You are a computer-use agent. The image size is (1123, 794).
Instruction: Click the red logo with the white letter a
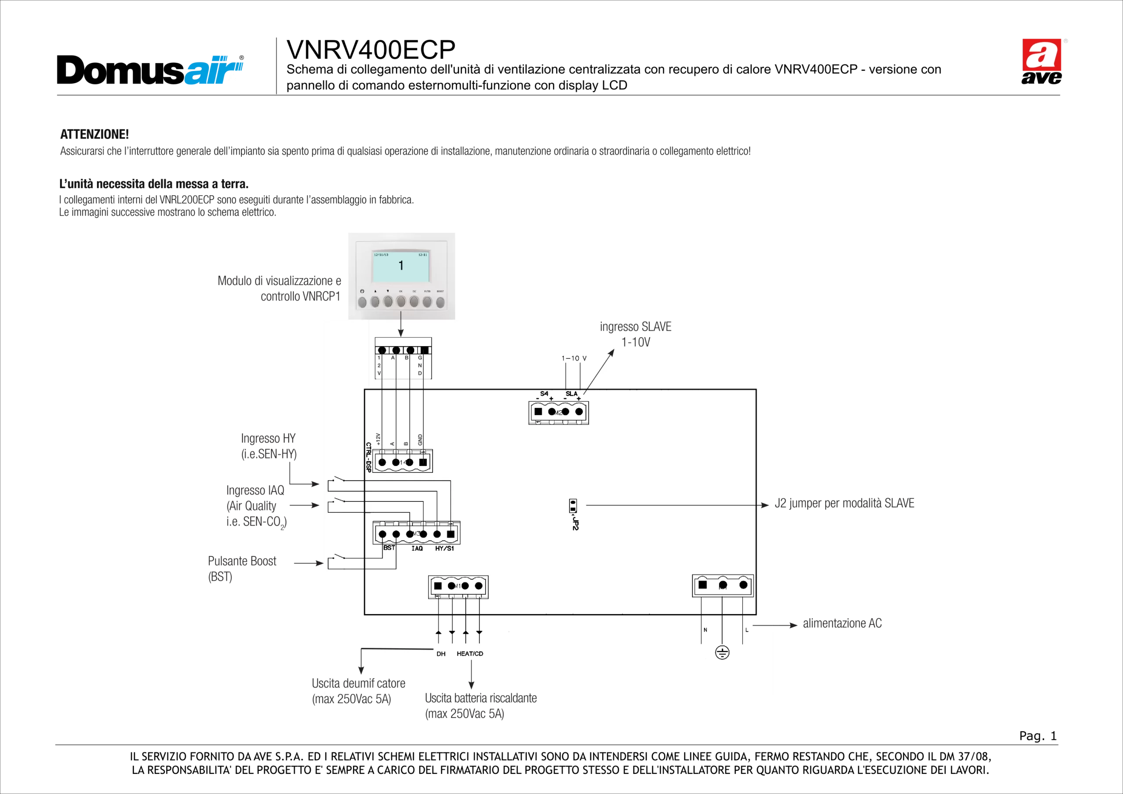[1041, 54]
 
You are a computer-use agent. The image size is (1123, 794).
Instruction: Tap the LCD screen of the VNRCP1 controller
[401, 266]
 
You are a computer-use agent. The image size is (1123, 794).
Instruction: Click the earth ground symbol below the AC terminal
[722, 652]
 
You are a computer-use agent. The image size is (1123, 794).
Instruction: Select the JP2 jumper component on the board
[573, 506]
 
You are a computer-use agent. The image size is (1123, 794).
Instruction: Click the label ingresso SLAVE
[635, 327]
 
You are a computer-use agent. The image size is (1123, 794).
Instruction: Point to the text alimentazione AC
[842, 623]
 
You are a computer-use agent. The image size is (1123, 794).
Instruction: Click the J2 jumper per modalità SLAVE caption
[845, 504]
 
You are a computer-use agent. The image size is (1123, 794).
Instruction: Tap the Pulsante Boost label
[242, 561]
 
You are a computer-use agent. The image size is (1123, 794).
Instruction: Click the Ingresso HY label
[268, 438]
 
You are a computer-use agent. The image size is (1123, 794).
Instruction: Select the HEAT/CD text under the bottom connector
[469, 654]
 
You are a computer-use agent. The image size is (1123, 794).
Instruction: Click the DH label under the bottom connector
[441, 654]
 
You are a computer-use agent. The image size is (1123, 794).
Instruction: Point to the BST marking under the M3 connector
[389, 548]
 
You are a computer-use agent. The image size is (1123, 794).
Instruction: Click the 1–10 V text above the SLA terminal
[574, 358]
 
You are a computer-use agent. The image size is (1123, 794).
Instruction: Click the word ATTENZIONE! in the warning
[94, 134]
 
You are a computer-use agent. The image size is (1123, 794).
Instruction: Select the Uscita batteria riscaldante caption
[481, 697]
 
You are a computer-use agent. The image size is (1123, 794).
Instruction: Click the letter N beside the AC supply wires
[705, 629]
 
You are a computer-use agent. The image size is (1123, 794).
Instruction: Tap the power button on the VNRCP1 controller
[362, 302]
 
